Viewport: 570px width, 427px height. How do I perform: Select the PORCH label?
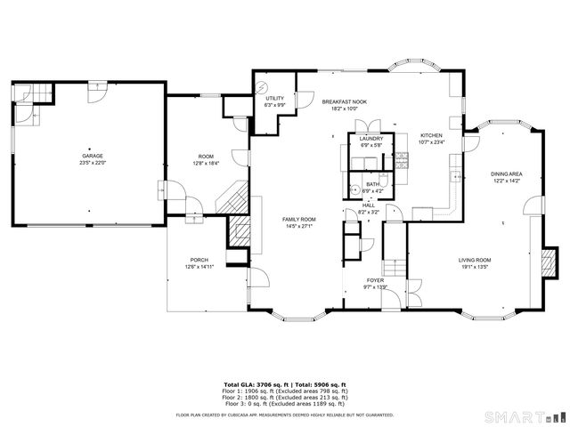(199, 260)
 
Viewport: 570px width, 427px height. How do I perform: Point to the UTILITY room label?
(274, 98)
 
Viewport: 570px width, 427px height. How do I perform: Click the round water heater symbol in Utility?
(262, 86)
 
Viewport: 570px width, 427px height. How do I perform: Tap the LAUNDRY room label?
(370, 138)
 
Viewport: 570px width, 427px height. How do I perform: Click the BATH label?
(372, 184)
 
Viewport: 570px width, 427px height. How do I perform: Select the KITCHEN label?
(430, 135)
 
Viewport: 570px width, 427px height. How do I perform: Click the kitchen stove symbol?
(402, 160)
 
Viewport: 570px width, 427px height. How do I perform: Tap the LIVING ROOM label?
(475, 260)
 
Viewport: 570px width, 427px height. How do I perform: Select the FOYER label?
(376, 279)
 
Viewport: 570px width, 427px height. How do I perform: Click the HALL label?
(368, 205)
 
